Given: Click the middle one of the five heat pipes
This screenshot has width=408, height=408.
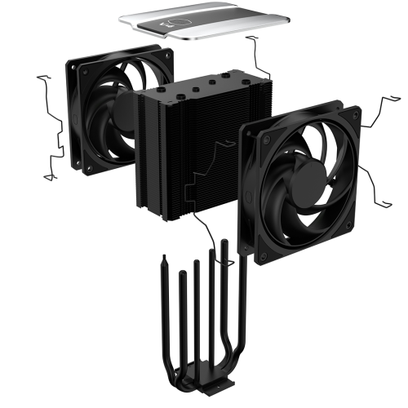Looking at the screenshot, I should coord(196,326).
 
